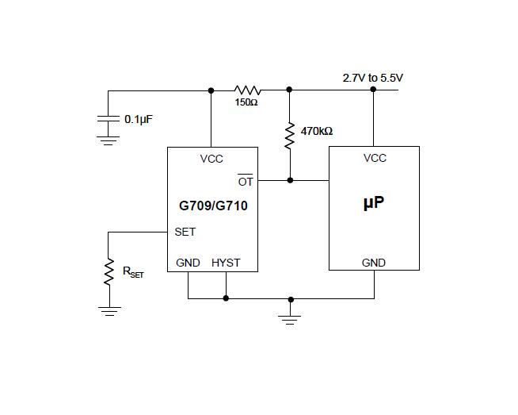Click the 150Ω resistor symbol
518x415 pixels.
247,90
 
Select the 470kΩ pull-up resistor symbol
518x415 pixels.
290,136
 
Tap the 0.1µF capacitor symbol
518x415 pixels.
108,119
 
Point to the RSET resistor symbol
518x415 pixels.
109,272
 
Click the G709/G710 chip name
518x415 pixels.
213,206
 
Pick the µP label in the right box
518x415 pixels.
374,202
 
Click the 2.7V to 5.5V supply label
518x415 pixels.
372,78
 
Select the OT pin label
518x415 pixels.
246,181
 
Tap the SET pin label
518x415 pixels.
185,232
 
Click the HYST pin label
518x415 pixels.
226,263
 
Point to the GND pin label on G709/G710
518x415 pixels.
188,263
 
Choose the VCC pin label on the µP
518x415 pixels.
375,158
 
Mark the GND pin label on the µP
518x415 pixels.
374,263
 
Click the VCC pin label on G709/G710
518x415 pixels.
211,159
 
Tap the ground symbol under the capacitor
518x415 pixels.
108,140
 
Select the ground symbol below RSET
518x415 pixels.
109,311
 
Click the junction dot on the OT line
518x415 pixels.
290,180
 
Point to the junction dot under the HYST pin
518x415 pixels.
226,298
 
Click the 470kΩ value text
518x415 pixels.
317,132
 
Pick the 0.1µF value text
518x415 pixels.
139,119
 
